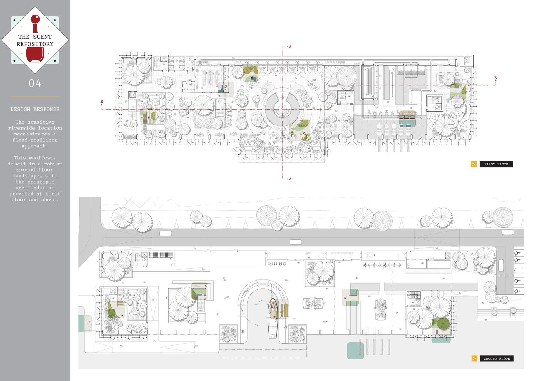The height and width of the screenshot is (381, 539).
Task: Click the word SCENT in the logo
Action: tap(42, 37)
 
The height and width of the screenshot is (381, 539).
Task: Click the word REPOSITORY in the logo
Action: tap(35, 44)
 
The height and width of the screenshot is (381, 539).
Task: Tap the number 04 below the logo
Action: tap(35, 83)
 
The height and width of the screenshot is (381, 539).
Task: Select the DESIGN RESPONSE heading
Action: tap(35, 109)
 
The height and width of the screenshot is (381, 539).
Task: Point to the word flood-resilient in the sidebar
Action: tap(35, 140)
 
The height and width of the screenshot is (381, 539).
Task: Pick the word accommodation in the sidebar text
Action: tap(35, 188)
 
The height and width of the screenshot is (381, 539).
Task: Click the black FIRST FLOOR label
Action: tap(496, 164)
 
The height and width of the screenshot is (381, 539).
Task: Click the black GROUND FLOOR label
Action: tap(497, 359)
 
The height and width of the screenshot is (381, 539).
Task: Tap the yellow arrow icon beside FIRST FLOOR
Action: tap(474, 164)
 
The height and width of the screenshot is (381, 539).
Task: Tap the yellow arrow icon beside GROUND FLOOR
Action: tap(474, 359)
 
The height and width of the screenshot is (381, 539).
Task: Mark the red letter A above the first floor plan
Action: tap(290, 47)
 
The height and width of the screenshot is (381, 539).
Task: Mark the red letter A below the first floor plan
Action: tap(290, 179)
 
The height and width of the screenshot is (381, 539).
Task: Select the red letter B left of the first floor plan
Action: tap(102, 102)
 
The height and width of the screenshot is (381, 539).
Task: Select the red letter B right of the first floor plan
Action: tap(495, 78)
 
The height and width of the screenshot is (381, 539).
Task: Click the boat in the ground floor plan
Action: tap(273, 317)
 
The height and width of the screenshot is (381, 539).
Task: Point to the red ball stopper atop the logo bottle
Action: tap(35, 20)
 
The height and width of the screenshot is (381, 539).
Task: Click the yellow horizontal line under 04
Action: tap(35, 97)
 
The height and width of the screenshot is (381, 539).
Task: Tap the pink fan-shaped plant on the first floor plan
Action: tap(458, 97)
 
